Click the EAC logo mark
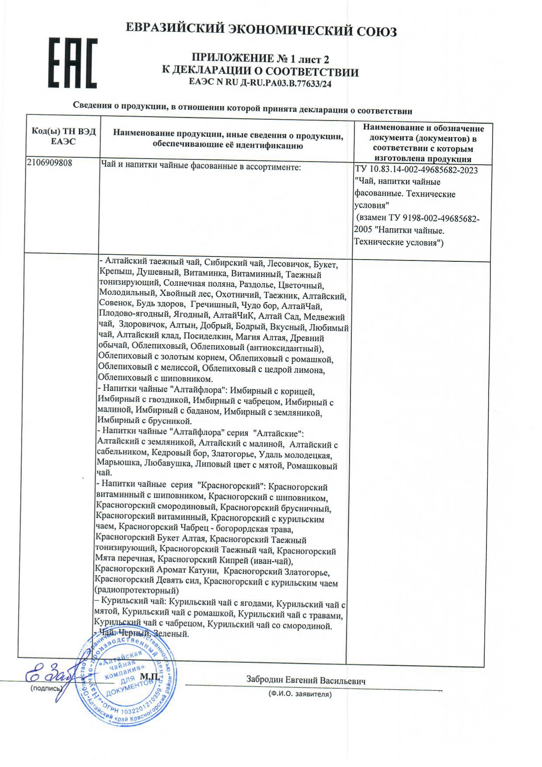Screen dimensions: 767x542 coord(72,63)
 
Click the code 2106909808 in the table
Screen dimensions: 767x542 coord(49,163)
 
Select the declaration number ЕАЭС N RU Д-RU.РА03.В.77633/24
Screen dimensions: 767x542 coord(260,83)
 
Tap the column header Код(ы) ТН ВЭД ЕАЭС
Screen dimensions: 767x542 coord(63,136)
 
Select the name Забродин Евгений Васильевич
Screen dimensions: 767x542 coord(306,680)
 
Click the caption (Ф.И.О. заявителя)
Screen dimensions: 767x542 coord(300,694)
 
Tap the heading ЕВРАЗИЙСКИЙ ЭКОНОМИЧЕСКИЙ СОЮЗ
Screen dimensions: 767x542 coord(261,30)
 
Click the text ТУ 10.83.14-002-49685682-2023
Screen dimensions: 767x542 coord(417,170)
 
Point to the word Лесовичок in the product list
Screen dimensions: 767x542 coord(288,264)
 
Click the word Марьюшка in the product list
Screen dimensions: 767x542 coord(118,462)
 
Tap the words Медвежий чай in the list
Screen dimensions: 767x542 coord(324,318)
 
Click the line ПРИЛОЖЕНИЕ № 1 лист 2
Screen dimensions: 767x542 coord(260,59)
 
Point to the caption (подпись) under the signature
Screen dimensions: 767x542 coord(46,688)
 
